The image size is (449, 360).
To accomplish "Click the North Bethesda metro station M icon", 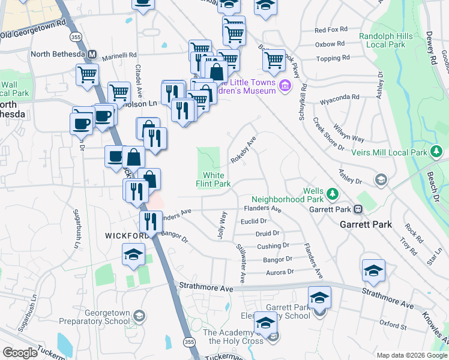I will point(92,54).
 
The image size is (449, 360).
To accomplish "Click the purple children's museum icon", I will point(285,90).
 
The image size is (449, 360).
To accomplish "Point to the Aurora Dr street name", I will point(279,272).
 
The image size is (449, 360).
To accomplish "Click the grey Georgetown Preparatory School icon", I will point(139,316).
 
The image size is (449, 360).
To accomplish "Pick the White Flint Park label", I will point(214,179).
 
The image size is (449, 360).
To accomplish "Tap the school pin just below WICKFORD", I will point(133,254).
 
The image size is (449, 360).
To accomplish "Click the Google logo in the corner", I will point(20,353).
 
